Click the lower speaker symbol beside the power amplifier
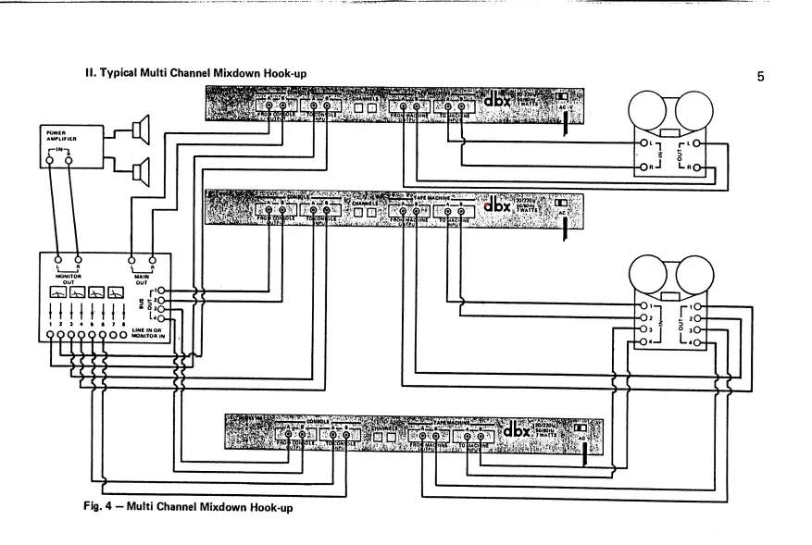(x=138, y=170)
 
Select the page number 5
(x=760, y=77)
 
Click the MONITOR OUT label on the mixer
(x=68, y=276)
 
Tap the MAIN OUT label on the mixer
(x=142, y=276)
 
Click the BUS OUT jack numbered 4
(x=161, y=319)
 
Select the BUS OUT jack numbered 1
(x=161, y=291)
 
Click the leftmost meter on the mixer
(x=57, y=293)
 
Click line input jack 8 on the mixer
(x=124, y=335)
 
